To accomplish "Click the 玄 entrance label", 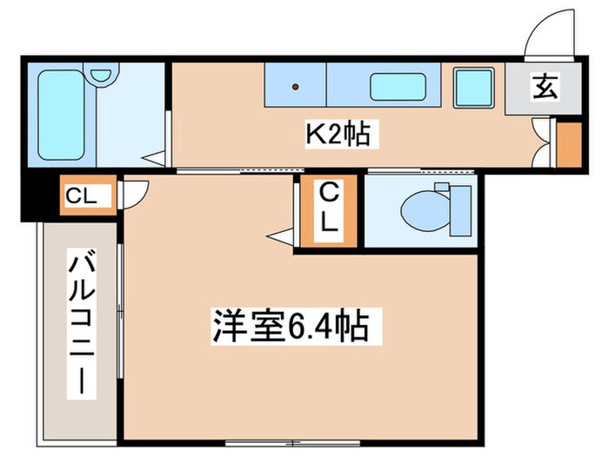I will coord(546,87).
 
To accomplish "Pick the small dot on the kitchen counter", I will coord(295,87).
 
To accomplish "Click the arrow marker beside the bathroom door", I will coord(154,158).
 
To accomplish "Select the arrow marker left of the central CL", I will coord(281,235).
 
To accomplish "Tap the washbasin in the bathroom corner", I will coord(101,76).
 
